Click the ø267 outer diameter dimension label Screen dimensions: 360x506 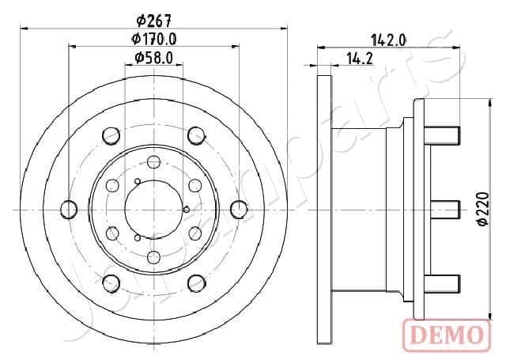pos(154,21)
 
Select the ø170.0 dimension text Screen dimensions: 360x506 pos(154,39)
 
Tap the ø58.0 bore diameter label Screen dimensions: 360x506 pos(154,57)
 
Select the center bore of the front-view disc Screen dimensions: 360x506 pos(154,209)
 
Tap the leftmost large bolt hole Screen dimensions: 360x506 pos(69,209)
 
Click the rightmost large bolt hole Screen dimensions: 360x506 pos(240,209)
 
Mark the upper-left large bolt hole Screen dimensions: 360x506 pos(111,136)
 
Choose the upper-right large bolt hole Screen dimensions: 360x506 pos(196,136)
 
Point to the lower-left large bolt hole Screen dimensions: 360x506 pos(111,282)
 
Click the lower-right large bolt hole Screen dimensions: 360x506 pos(196,282)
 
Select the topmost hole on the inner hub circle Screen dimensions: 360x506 pos(154,161)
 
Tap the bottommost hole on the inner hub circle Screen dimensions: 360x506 pos(154,256)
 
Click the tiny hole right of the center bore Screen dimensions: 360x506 pos(186,210)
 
